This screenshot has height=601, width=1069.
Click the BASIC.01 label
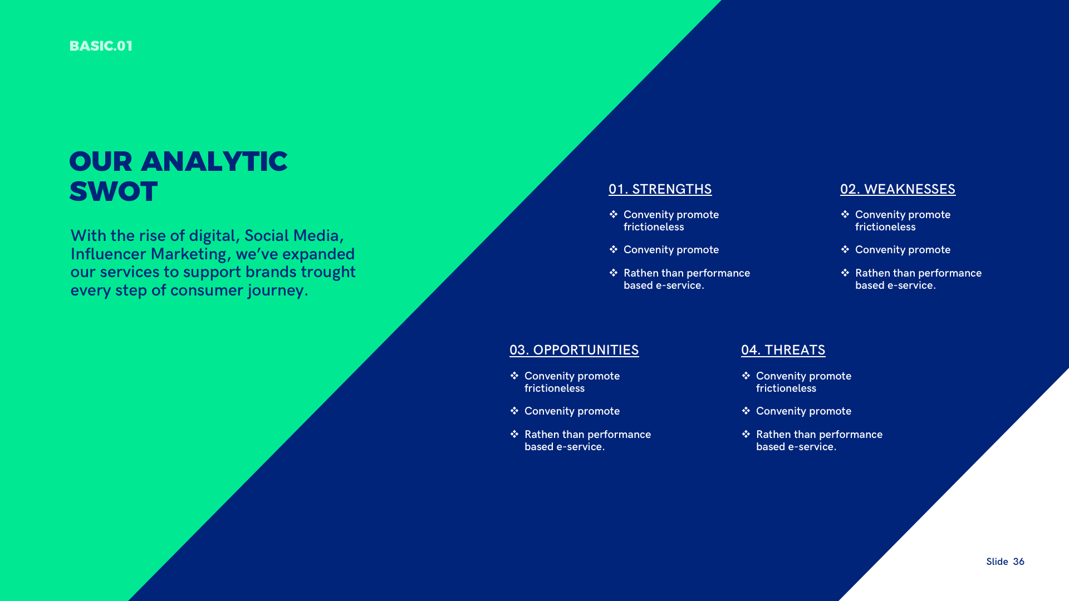(x=101, y=46)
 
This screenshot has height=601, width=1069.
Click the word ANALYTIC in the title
(x=214, y=161)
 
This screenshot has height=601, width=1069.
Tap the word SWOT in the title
(x=114, y=191)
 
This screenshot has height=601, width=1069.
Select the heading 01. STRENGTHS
(x=660, y=189)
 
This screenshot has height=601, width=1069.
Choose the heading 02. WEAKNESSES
(x=898, y=189)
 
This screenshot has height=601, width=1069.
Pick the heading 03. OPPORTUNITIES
(x=574, y=350)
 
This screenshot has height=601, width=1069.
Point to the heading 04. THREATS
(x=783, y=350)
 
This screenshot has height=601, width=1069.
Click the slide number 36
(x=1018, y=561)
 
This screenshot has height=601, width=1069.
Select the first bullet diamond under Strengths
(x=614, y=214)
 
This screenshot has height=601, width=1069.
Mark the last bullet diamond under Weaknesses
(x=845, y=273)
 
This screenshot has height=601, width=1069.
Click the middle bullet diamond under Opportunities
(x=514, y=411)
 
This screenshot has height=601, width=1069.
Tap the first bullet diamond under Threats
(x=746, y=376)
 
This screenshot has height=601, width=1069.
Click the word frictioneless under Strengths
(x=654, y=227)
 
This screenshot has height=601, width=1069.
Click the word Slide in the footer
(x=997, y=561)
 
